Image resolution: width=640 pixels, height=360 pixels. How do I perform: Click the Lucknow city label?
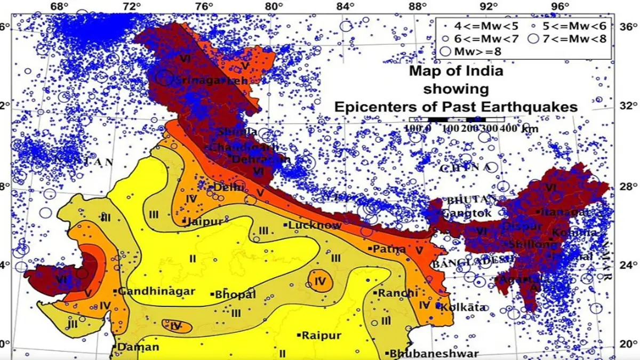pyautogui.click(x=315, y=226)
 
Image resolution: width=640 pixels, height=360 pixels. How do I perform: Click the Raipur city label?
pyautogui.click(x=321, y=335)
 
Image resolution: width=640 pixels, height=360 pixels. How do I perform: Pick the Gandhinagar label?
pyautogui.click(x=156, y=292)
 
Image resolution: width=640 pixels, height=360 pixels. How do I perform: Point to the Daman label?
pyautogui.click(x=139, y=347)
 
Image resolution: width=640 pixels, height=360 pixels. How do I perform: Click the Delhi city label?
pyautogui.click(x=229, y=188)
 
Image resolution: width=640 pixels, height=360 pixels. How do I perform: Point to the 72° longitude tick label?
pyautogui.click(x=131, y=6)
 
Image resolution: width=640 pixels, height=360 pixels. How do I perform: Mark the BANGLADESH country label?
pyautogui.click(x=461, y=263)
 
